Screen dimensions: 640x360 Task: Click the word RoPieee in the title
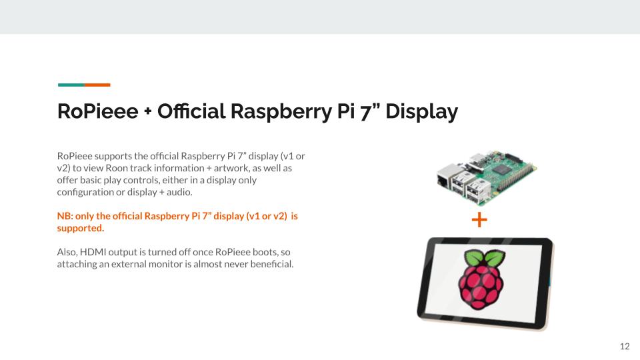coord(97,111)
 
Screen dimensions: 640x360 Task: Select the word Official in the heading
coord(191,111)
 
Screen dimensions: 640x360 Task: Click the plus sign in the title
coord(148,112)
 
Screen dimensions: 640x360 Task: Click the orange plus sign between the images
coord(479,219)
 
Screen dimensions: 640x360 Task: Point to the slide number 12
coord(625,347)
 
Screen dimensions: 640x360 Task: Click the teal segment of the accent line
coord(71,85)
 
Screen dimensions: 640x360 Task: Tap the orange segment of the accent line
coord(97,85)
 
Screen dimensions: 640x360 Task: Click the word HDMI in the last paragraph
coord(93,252)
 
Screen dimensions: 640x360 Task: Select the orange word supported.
coord(81,229)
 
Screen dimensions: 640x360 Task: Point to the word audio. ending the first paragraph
coord(179,192)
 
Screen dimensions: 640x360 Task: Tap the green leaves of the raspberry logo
coord(485,258)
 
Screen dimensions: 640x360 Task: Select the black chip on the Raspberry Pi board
coord(502,170)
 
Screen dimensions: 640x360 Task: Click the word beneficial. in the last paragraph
coord(272,264)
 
